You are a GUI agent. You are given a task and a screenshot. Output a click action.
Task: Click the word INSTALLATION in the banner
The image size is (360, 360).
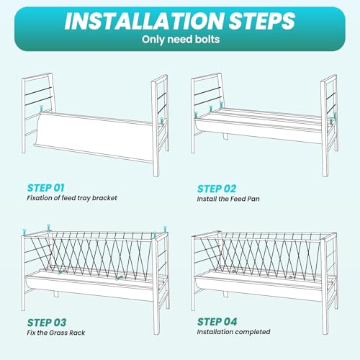(x=145, y=21)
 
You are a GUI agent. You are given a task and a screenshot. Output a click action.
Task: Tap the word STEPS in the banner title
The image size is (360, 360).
(x=262, y=21)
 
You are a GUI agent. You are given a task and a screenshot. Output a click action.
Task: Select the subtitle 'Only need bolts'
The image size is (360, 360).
(x=181, y=40)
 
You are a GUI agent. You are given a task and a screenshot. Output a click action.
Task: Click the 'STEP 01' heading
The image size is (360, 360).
(x=45, y=188)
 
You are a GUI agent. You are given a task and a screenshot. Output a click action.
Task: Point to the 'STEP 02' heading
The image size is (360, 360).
(x=217, y=189)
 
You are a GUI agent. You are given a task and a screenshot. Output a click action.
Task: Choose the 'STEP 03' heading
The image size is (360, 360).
(x=47, y=323)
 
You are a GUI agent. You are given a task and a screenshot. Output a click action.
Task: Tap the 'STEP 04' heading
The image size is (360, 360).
(x=217, y=322)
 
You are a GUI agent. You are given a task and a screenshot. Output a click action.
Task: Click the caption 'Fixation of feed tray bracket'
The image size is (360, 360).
(x=72, y=198)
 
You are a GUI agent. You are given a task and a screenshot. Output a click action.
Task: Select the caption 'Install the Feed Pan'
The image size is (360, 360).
(x=228, y=199)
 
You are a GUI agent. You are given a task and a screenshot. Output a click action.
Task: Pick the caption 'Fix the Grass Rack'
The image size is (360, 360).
(x=56, y=333)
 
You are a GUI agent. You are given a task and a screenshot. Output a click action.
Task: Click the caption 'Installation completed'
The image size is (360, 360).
(x=233, y=332)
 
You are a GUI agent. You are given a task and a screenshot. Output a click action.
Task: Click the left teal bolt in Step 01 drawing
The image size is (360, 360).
(x=42, y=108)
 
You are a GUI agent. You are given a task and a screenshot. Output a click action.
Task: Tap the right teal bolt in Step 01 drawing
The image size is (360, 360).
(x=162, y=121)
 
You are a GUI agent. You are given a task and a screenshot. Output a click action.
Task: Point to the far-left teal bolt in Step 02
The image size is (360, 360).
(x=196, y=115)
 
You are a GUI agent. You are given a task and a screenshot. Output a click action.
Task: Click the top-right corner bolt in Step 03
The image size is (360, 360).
(x=165, y=229)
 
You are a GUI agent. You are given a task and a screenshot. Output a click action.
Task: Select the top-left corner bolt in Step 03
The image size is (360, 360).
(x=24, y=232)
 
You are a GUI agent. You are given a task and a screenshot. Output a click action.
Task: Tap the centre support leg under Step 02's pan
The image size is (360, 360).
(x=225, y=136)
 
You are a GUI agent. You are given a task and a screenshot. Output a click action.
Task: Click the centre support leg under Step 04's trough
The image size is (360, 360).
(x=225, y=294)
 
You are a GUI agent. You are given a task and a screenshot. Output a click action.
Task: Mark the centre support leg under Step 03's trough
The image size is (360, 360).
(x=56, y=294)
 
